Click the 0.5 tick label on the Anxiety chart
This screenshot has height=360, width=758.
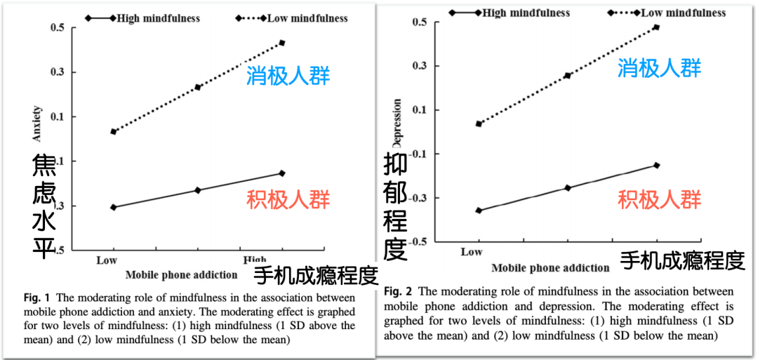coord(58,27)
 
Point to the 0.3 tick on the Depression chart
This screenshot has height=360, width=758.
coord(420,66)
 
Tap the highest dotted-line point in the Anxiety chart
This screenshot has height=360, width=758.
coord(282,43)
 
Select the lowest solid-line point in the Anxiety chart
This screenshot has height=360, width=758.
coord(113,207)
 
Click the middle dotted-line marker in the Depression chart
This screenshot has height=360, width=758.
coord(567,75)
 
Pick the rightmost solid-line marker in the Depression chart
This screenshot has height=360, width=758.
coord(656,165)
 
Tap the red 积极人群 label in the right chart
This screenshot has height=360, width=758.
coord(659,199)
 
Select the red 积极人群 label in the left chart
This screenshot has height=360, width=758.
coord(288,199)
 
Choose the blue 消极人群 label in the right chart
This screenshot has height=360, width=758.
coord(659,68)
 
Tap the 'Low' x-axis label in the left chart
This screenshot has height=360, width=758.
coord(107,260)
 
